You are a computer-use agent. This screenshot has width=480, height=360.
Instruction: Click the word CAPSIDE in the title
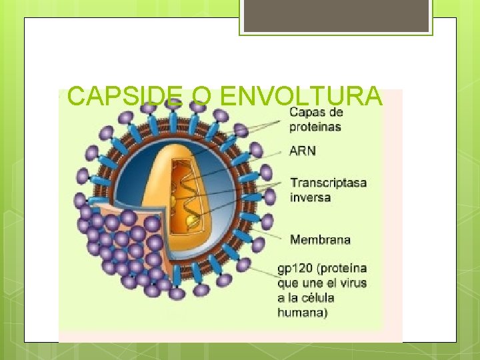click(123, 97)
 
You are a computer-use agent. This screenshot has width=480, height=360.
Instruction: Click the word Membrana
click(320, 239)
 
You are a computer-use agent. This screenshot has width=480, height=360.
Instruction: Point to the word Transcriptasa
click(328, 183)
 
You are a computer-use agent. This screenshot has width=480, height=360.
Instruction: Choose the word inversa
click(311, 197)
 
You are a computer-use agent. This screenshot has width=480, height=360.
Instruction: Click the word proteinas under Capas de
click(316, 127)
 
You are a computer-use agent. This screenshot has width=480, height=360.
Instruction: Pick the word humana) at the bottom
click(303, 312)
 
